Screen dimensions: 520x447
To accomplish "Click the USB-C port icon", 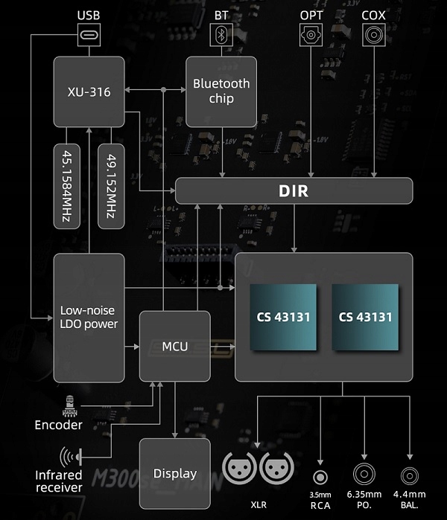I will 89,34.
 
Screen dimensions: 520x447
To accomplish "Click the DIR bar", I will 294,191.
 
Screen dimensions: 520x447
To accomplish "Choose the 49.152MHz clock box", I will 110,186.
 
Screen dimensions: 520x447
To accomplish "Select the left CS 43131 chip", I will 282,317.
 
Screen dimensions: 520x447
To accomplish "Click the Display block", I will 175,473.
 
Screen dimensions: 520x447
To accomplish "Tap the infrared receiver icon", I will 69,455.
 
